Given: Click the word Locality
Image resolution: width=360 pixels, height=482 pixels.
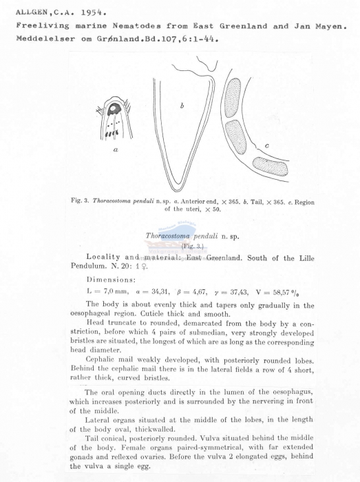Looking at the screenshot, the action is pyautogui.click(x=106, y=256).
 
